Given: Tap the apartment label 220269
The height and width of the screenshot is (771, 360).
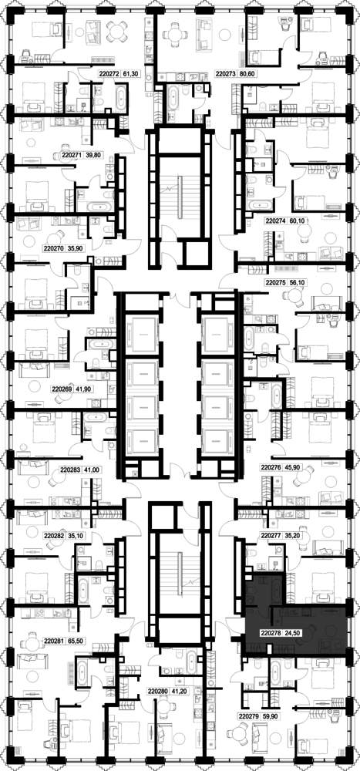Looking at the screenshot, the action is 62,389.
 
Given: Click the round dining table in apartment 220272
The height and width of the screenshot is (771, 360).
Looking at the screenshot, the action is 117,32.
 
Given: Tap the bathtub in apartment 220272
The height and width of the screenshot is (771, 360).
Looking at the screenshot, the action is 120,96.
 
